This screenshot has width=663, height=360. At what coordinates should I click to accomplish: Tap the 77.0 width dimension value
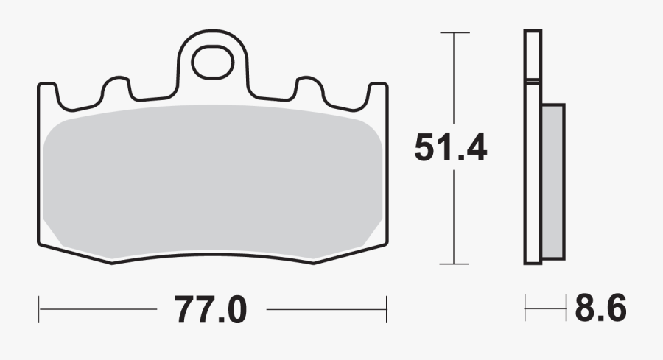[x=211, y=309]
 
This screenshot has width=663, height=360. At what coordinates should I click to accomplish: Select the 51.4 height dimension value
[x=450, y=147]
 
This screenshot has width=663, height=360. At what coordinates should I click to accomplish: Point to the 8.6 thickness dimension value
[x=600, y=309]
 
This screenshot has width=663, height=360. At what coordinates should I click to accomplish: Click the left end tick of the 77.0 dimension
[x=38, y=309]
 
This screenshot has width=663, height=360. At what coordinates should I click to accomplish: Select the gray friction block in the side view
[x=552, y=180]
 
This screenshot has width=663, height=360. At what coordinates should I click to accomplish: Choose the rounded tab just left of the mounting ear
[x=116, y=88]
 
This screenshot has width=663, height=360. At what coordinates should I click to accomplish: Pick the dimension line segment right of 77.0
[x=324, y=309]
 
